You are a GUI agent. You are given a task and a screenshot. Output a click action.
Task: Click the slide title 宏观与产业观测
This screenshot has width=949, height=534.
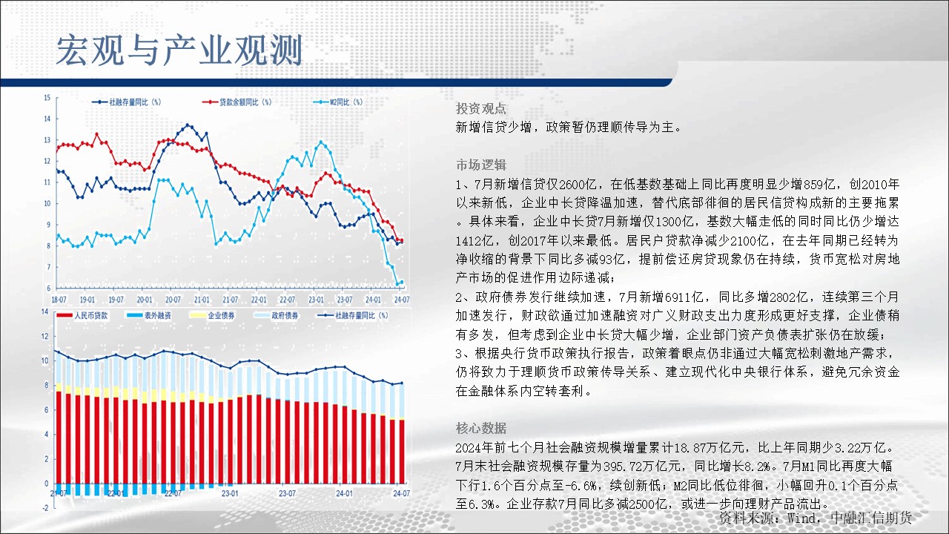pos(179,50)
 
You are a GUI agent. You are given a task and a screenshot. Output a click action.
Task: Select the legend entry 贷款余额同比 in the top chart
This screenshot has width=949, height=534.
pos(237,102)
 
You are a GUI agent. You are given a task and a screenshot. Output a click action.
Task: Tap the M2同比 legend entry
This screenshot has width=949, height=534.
pos(337,102)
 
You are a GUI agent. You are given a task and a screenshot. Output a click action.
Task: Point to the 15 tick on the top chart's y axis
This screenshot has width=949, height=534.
pos(47,98)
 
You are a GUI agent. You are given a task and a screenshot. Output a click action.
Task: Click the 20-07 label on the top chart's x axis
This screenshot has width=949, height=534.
pos(173,300)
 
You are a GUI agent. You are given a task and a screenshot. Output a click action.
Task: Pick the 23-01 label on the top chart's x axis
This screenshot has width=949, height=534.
pos(316,300)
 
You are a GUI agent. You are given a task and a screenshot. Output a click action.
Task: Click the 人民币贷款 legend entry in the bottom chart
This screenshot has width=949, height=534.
pos(82,316)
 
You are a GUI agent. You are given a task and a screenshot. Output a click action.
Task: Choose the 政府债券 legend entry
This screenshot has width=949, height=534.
pos(276,316)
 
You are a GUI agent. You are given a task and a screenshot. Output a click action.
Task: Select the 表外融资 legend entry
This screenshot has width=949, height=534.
pos(149,316)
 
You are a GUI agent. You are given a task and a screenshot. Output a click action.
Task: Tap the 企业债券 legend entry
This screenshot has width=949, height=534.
pos(212,316)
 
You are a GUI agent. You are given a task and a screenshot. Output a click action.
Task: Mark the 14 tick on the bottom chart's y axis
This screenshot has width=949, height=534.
pos(44,311)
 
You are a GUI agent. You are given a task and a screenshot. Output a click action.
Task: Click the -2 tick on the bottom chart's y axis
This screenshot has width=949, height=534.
pos(45,508)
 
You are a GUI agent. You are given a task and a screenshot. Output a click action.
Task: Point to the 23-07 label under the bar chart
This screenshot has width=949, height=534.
pos(287,493)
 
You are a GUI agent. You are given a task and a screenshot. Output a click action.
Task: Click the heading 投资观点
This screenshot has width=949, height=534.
pos(481,108)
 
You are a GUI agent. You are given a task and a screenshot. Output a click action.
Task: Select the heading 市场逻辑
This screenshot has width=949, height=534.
pos(481,165)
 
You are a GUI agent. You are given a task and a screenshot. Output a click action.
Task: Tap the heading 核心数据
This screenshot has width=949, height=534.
pos(481,428)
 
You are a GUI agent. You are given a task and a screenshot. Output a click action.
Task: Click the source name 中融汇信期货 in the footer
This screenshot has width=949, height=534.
pos(871,518)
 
